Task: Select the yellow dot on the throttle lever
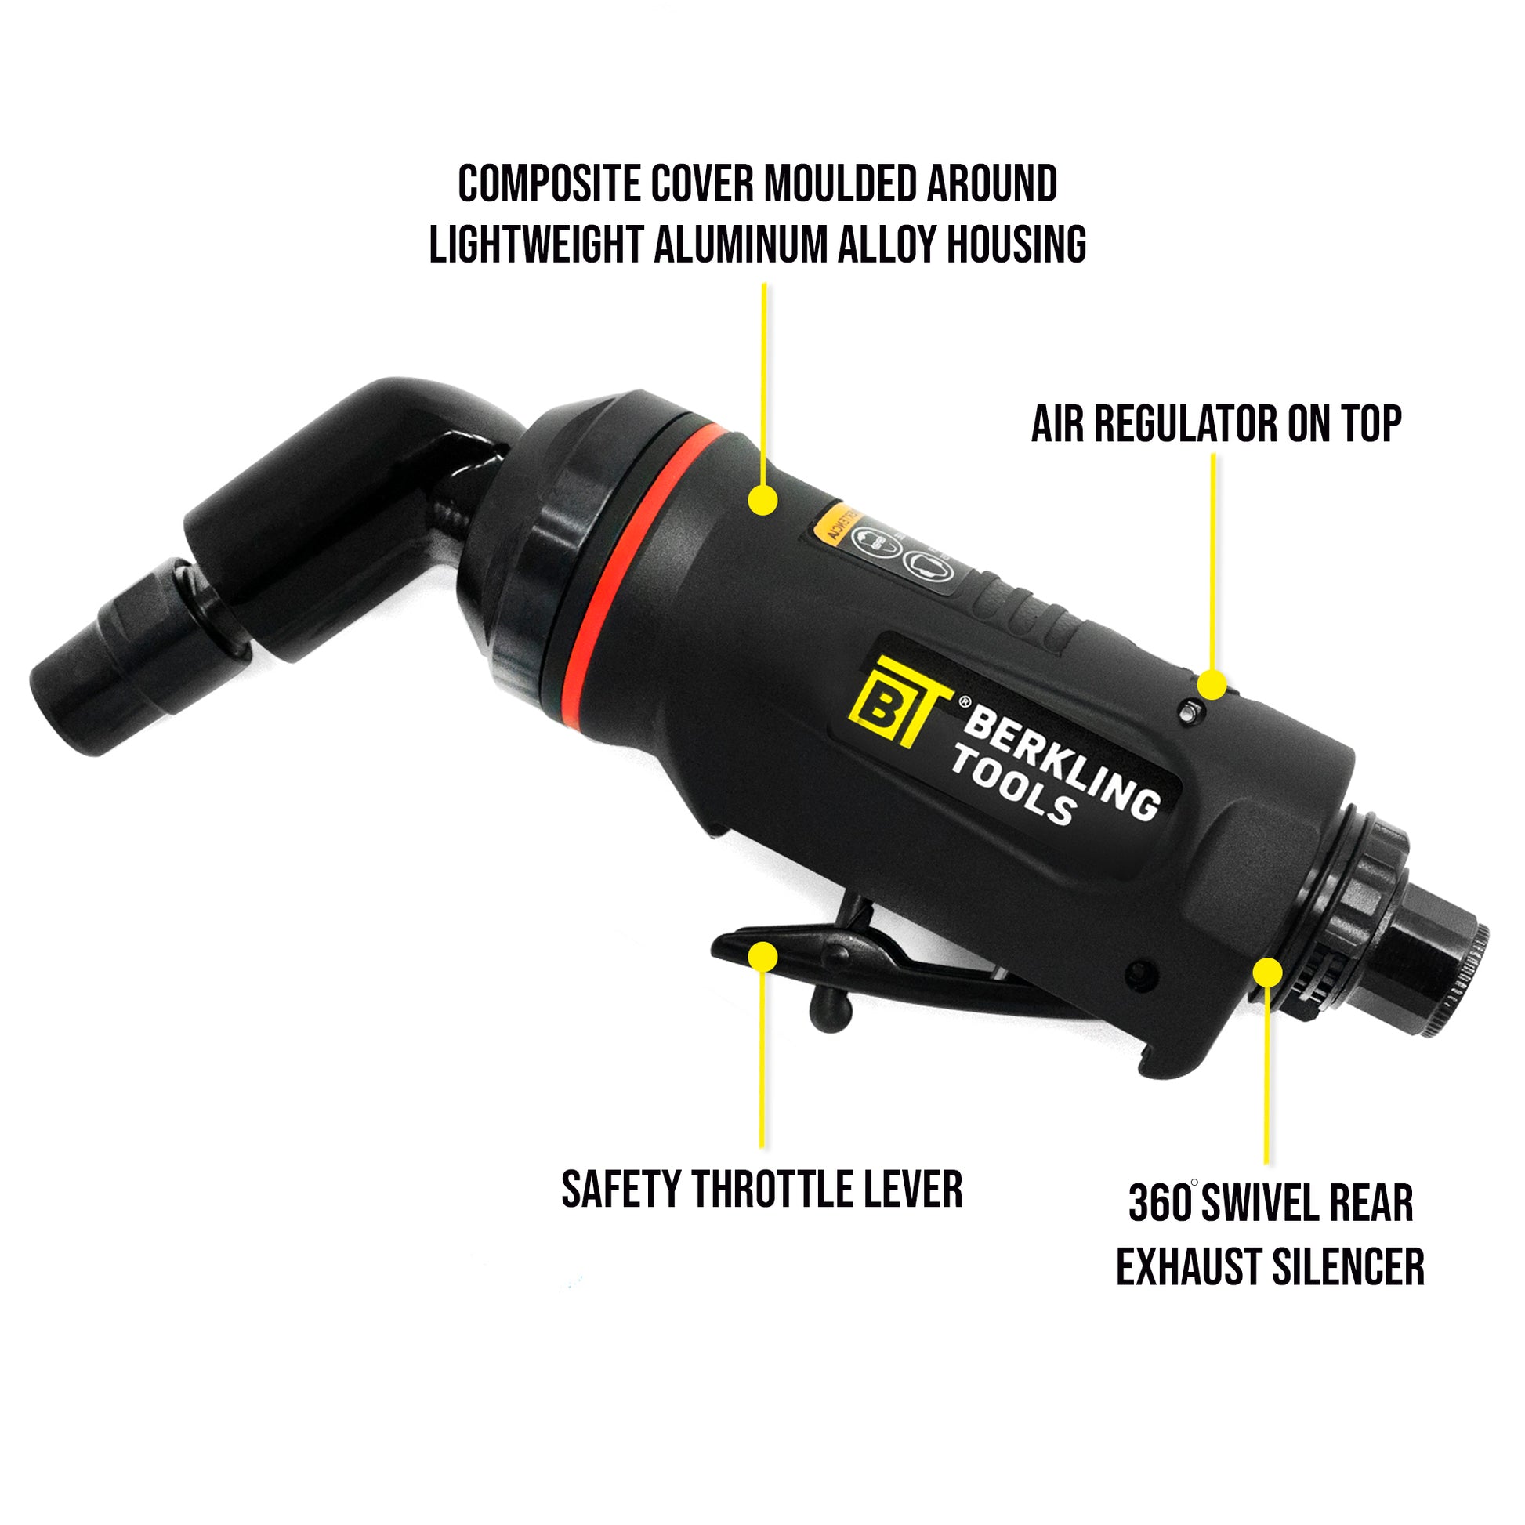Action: coord(762,956)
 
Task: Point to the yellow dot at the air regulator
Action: coord(1212,683)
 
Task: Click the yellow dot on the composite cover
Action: coord(762,500)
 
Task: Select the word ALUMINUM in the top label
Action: coord(741,244)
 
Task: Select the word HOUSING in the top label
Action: coord(1016,244)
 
